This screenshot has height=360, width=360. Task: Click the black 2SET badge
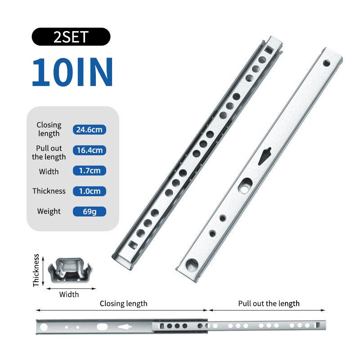[x=71, y=37]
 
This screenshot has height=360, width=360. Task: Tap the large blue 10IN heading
[x=72, y=72]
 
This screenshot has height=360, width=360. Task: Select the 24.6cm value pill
[x=89, y=130]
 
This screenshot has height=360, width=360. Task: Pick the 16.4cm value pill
[x=89, y=150]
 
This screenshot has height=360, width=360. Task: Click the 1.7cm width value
[x=89, y=171]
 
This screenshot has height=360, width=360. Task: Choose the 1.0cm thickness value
[x=89, y=191]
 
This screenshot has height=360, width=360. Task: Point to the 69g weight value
[x=89, y=211]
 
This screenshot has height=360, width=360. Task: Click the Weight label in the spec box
[x=49, y=211]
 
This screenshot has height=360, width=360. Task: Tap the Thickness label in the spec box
[x=49, y=191]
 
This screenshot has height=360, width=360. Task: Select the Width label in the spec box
[x=49, y=171]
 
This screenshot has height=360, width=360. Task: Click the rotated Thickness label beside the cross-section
[x=36, y=270]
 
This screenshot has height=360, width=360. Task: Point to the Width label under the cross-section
[x=69, y=294]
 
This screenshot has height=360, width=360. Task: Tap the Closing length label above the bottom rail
[x=123, y=303]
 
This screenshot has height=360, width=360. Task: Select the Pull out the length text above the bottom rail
[x=269, y=303]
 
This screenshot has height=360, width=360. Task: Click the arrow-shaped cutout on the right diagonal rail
[x=265, y=156]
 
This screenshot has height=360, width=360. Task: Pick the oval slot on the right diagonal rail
[x=245, y=185]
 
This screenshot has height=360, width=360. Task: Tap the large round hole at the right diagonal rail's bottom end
[x=192, y=265]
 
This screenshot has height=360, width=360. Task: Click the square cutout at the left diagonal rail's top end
[x=268, y=49]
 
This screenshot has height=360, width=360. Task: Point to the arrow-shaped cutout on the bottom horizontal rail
[x=125, y=327]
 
